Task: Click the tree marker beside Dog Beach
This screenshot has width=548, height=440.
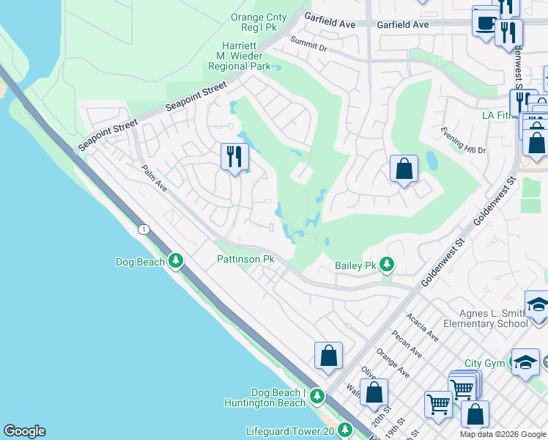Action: (x=175, y=260)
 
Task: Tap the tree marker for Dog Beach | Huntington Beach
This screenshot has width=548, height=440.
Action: (x=316, y=397)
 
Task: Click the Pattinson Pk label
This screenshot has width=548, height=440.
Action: (x=245, y=260)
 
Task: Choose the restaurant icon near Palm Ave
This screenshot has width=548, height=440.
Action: (x=234, y=156)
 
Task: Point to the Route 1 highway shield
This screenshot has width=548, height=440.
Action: (x=144, y=230)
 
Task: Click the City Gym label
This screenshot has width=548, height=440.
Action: (x=484, y=363)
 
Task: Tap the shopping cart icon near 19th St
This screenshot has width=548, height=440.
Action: (x=438, y=403)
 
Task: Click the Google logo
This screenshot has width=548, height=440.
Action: (x=24, y=431)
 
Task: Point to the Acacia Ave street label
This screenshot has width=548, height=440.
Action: (x=422, y=327)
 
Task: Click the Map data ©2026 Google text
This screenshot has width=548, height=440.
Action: (x=503, y=434)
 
